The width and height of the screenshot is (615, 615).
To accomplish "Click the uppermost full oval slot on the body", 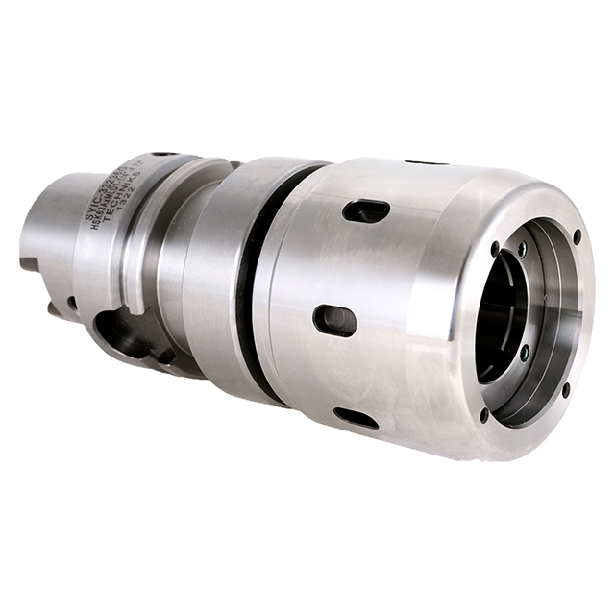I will [366, 210].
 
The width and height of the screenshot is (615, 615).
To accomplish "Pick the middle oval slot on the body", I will [334, 320].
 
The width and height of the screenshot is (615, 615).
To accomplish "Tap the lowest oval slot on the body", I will [356, 418].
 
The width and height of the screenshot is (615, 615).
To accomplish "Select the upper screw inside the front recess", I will [522, 249].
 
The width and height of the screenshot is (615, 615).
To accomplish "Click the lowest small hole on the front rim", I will [483, 416].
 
